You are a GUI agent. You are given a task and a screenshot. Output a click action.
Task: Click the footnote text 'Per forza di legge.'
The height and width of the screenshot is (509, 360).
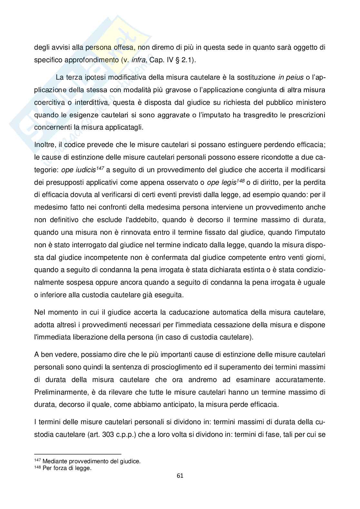point(67,468)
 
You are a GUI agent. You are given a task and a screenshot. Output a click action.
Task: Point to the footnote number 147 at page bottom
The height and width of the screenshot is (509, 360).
point(37,461)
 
